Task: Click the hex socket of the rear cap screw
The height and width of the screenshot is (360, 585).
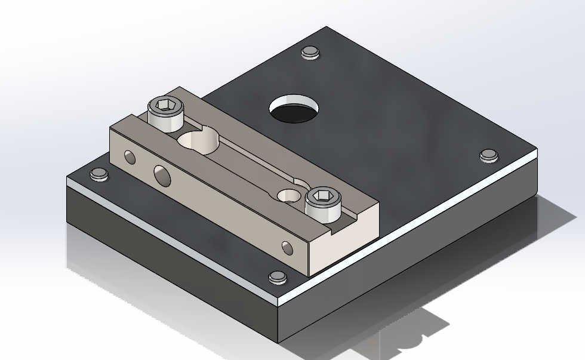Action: (162, 107)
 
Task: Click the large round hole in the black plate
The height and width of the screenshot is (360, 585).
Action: (293, 110)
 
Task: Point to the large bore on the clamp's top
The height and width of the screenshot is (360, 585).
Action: (198, 142)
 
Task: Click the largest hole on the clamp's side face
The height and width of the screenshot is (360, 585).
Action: (161, 175)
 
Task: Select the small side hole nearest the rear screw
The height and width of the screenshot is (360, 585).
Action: (130, 157)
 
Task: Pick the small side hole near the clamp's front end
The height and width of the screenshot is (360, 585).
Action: (287, 246)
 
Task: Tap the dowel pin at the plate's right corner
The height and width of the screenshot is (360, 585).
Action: (488, 155)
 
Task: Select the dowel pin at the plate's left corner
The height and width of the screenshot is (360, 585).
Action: (98, 174)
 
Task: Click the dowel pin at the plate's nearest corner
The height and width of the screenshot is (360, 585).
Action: (278, 277)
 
